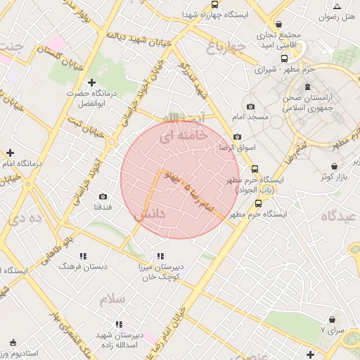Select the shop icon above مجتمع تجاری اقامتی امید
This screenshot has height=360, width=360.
279,23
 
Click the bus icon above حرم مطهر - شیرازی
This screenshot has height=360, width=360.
284,58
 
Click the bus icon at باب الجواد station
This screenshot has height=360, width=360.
255,169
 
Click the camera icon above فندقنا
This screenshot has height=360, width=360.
103,196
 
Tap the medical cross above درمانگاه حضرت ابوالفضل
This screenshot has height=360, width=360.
91,83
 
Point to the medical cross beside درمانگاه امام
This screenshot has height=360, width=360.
10,153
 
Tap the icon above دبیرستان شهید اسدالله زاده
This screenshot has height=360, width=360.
118,324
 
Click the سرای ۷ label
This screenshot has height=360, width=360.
333,329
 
